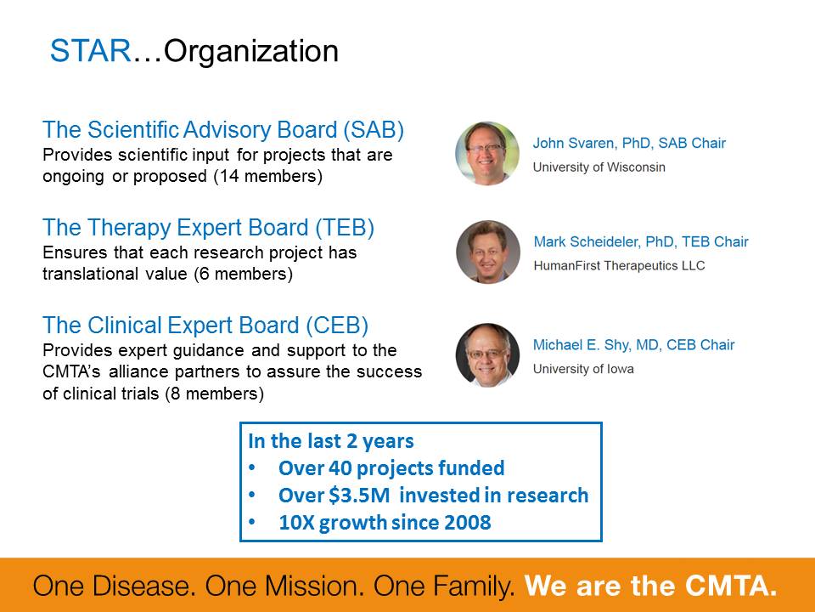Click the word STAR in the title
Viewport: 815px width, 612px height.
(x=91, y=51)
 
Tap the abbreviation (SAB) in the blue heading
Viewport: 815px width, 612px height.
(x=374, y=130)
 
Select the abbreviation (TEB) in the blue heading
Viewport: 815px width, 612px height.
(x=345, y=228)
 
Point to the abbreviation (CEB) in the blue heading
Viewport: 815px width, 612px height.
(x=337, y=326)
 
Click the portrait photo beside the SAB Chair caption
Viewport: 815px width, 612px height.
(x=487, y=154)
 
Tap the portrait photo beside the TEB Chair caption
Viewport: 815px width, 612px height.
(x=488, y=252)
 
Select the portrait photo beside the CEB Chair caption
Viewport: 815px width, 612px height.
(x=487, y=355)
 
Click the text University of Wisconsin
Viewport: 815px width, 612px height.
(x=599, y=167)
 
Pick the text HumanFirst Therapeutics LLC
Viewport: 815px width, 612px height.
(x=619, y=266)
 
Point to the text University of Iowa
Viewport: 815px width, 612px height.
(x=583, y=369)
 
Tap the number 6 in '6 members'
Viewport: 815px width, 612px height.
(x=205, y=275)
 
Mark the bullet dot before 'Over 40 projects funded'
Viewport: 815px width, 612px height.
(x=252, y=467)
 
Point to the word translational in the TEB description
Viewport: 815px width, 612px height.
(x=89, y=274)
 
